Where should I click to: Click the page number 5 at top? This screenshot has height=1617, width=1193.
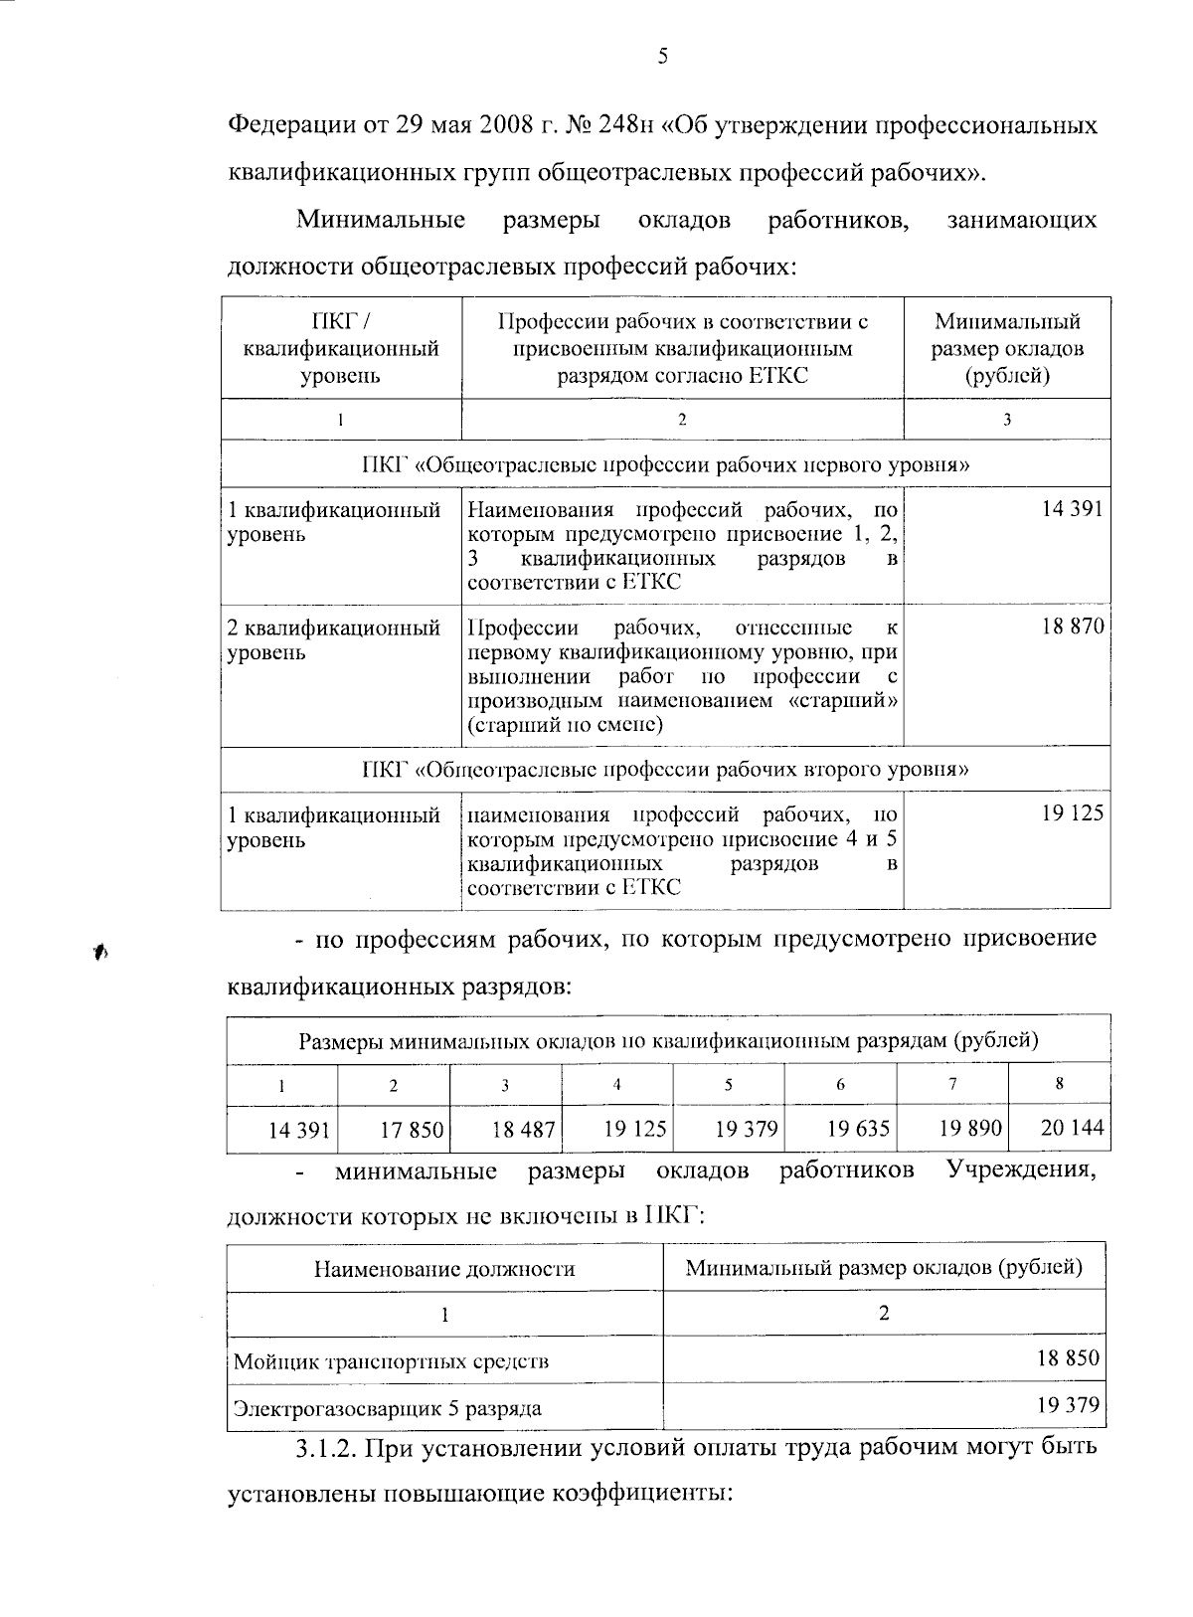pos(662,58)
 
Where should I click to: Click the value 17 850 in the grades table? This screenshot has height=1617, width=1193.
pos(413,1131)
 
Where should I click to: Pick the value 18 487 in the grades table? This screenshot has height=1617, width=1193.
pos(524,1131)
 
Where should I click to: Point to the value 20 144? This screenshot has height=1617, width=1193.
pos(1072,1129)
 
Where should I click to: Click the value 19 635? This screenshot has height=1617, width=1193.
pos(858,1130)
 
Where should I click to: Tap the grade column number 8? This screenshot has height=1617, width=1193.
pos(1060,1084)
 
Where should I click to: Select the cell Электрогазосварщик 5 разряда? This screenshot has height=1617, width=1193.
pos(387,1408)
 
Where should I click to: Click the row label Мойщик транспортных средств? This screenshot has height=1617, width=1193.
pos(391,1360)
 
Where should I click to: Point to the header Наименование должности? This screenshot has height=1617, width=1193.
pos(444,1269)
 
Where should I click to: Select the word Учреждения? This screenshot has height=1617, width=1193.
pos(1021,1170)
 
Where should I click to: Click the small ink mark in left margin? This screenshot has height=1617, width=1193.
pos(100,953)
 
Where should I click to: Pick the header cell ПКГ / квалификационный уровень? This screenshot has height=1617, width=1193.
pos(341,349)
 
